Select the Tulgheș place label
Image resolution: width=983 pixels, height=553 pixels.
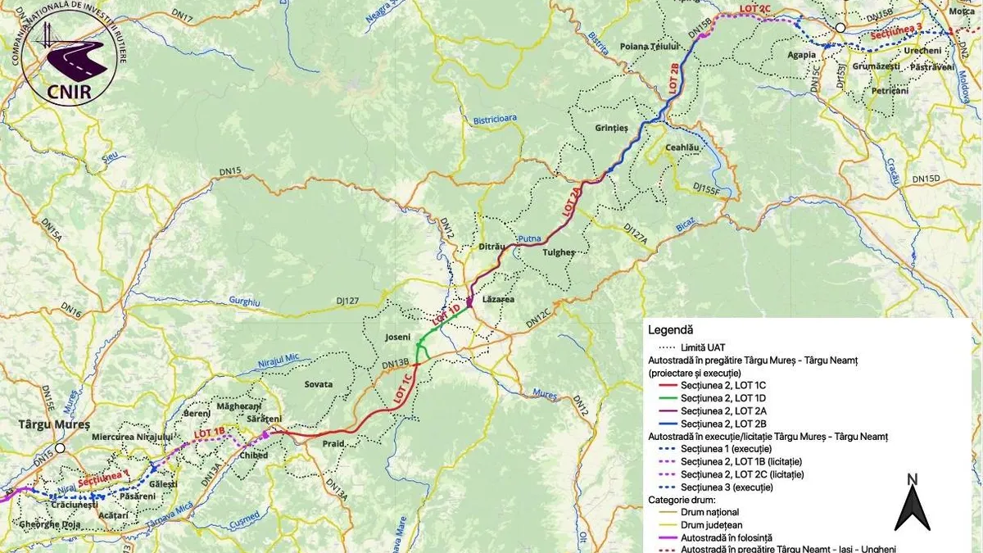coord(559,252)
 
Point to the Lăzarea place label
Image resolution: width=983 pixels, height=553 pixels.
coord(498,300)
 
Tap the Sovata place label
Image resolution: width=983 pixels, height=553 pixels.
coord(318,383)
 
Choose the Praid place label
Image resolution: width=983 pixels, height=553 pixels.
coord(333,443)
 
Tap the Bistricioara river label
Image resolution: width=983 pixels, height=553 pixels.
coord(495,119)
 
